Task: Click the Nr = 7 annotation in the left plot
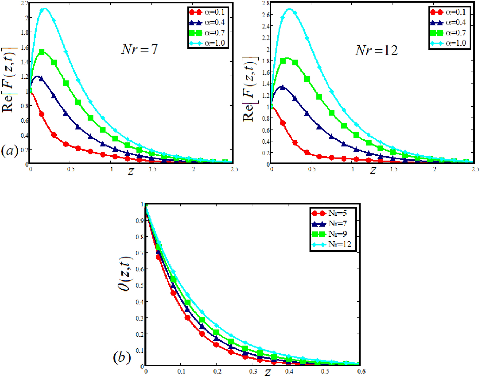coord(139,49)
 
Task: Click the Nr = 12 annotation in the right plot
coord(376,50)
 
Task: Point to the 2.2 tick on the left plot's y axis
coord(25,3)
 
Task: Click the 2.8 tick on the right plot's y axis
coord(266,3)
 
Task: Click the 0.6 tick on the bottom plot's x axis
coord(361,371)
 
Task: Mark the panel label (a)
coord(10,151)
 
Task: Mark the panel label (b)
coord(122,357)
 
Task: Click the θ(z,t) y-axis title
coord(125,273)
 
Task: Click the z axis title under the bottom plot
coord(267,372)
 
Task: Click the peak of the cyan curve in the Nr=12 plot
coord(290,9)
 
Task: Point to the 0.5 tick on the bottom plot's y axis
coord(139,285)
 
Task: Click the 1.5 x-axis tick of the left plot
coord(153,169)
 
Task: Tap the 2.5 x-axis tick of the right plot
coord(475,169)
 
